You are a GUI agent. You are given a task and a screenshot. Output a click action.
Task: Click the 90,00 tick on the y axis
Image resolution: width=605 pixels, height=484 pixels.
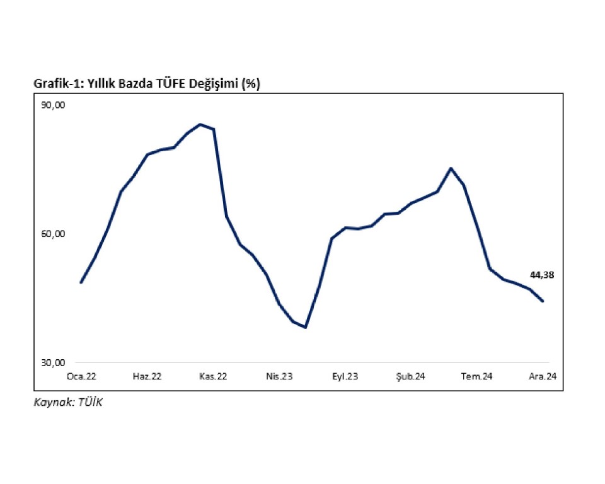pos(52,105)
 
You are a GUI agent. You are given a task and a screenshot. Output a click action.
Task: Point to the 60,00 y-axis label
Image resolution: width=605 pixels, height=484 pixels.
pos(52,234)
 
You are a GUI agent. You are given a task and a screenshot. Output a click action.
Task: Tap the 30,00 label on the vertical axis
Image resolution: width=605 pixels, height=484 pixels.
pos(52,362)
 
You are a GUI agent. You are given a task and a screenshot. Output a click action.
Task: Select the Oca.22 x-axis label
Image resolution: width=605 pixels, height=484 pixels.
pos(82,376)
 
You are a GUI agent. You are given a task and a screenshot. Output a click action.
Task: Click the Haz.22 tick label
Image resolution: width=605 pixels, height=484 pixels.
pos(147,376)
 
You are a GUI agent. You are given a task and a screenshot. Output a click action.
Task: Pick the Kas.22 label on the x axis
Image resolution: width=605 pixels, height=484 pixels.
pos(213,376)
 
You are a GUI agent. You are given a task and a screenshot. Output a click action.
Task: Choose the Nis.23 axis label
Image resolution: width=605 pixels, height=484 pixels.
pos(279,376)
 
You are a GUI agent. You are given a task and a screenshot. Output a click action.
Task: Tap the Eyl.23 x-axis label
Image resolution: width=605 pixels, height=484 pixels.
pos(345,376)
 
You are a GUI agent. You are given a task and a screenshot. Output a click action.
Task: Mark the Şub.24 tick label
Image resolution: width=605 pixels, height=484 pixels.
pos(411,376)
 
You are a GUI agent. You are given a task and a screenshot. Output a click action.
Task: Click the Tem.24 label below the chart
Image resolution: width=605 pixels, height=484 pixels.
pos(476,376)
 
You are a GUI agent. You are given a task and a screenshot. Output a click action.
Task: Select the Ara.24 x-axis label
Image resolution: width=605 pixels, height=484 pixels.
pos(543,376)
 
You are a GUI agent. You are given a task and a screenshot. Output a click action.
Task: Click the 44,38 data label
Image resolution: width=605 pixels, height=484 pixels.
pos(542,275)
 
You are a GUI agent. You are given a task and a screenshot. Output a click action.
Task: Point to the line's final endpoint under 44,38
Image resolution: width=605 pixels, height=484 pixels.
pos(543,301)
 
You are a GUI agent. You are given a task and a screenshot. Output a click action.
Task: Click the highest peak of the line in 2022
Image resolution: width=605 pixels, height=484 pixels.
pos(200,124)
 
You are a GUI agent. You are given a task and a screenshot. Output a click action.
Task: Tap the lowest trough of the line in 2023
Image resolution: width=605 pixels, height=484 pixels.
pos(306,327)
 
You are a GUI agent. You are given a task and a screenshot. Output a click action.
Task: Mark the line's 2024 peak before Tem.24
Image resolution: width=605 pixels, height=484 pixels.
pos(451,168)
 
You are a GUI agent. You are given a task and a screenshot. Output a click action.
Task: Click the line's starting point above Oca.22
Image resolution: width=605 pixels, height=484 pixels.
pos(81,282)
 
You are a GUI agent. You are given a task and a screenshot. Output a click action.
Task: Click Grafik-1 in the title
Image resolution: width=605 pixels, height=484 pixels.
pos(54,84)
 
